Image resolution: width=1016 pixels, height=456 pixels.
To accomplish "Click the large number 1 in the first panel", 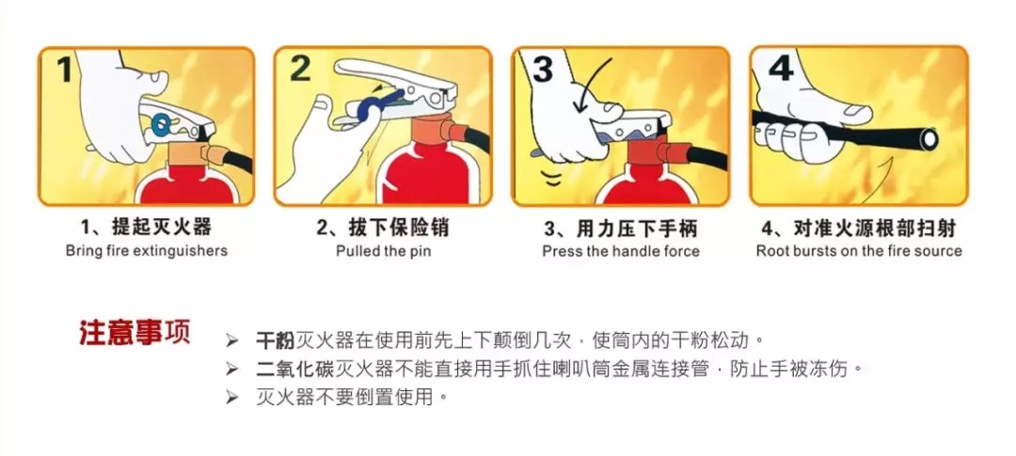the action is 64,69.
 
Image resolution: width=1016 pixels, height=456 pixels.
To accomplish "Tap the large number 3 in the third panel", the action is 543,69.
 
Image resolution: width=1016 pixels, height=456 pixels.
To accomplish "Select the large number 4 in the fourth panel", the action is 780,68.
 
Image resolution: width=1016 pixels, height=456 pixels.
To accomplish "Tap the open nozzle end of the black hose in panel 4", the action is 929,138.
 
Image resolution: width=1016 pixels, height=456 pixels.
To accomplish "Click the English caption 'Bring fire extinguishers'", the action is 147,251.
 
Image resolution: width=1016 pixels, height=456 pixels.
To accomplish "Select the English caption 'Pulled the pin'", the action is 383,251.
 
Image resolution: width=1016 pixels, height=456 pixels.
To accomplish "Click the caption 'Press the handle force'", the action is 621,251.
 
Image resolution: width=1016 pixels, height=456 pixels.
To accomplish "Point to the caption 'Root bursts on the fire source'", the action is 859,251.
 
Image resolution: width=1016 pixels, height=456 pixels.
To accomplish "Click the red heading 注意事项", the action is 135,332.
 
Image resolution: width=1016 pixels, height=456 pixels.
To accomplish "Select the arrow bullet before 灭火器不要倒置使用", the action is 232,397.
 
